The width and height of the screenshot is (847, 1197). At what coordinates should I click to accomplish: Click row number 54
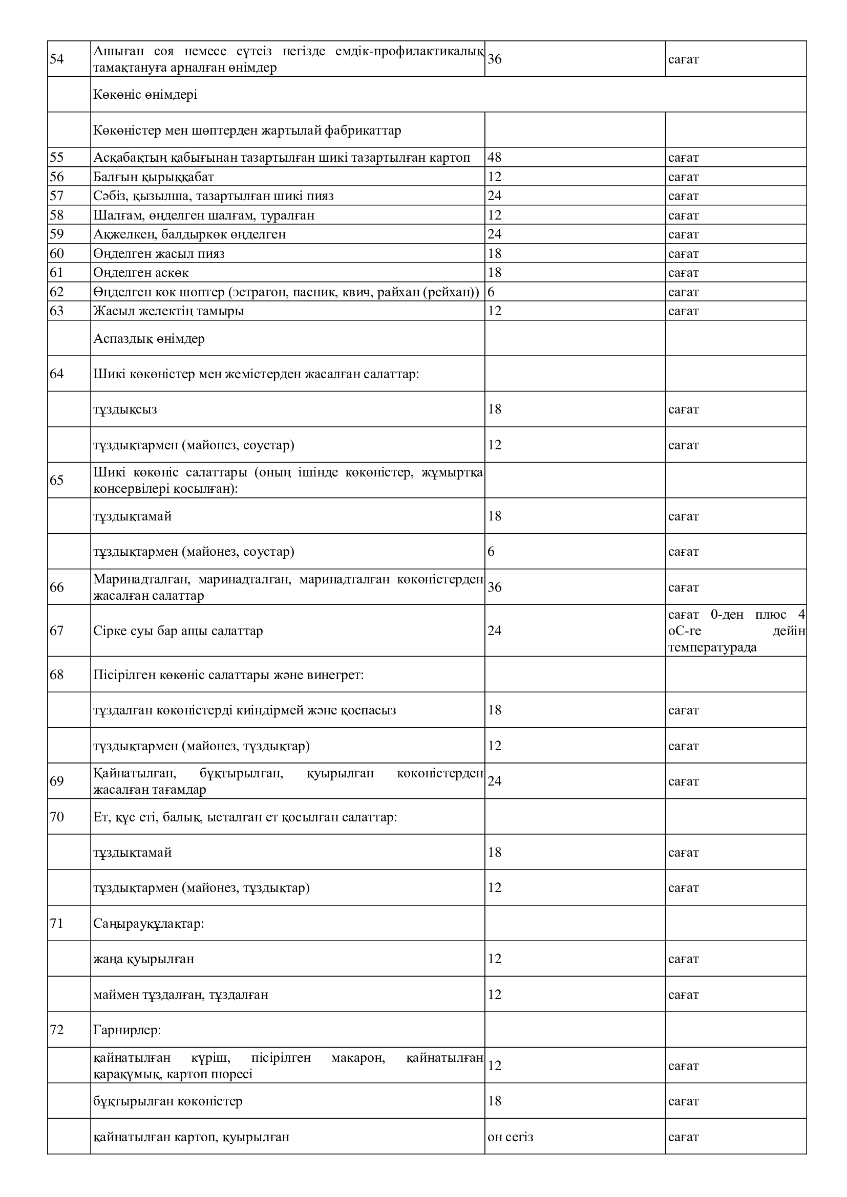click(x=57, y=59)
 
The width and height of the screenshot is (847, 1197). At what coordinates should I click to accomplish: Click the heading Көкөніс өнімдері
click(x=145, y=95)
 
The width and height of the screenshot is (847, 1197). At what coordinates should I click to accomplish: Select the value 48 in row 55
click(x=495, y=158)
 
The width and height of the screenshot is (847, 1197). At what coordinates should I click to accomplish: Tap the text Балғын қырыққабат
click(x=153, y=177)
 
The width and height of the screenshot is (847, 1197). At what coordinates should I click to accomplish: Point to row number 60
click(x=57, y=253)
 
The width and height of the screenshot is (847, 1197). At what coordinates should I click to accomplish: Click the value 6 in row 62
click(x=491, y=292)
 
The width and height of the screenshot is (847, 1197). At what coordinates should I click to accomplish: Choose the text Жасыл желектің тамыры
click(x=168, y=311)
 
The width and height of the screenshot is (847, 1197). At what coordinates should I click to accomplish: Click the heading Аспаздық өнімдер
click(x=149, y=339)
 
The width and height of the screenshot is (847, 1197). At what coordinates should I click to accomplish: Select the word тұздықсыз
click(x=125, y=409)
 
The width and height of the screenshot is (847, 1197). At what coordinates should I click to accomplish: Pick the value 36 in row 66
click(x=495, y=587)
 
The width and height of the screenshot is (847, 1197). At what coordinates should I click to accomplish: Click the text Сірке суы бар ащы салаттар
click(x=178, y=631)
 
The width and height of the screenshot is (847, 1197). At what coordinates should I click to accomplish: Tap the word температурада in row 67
click(x=712, y=647)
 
